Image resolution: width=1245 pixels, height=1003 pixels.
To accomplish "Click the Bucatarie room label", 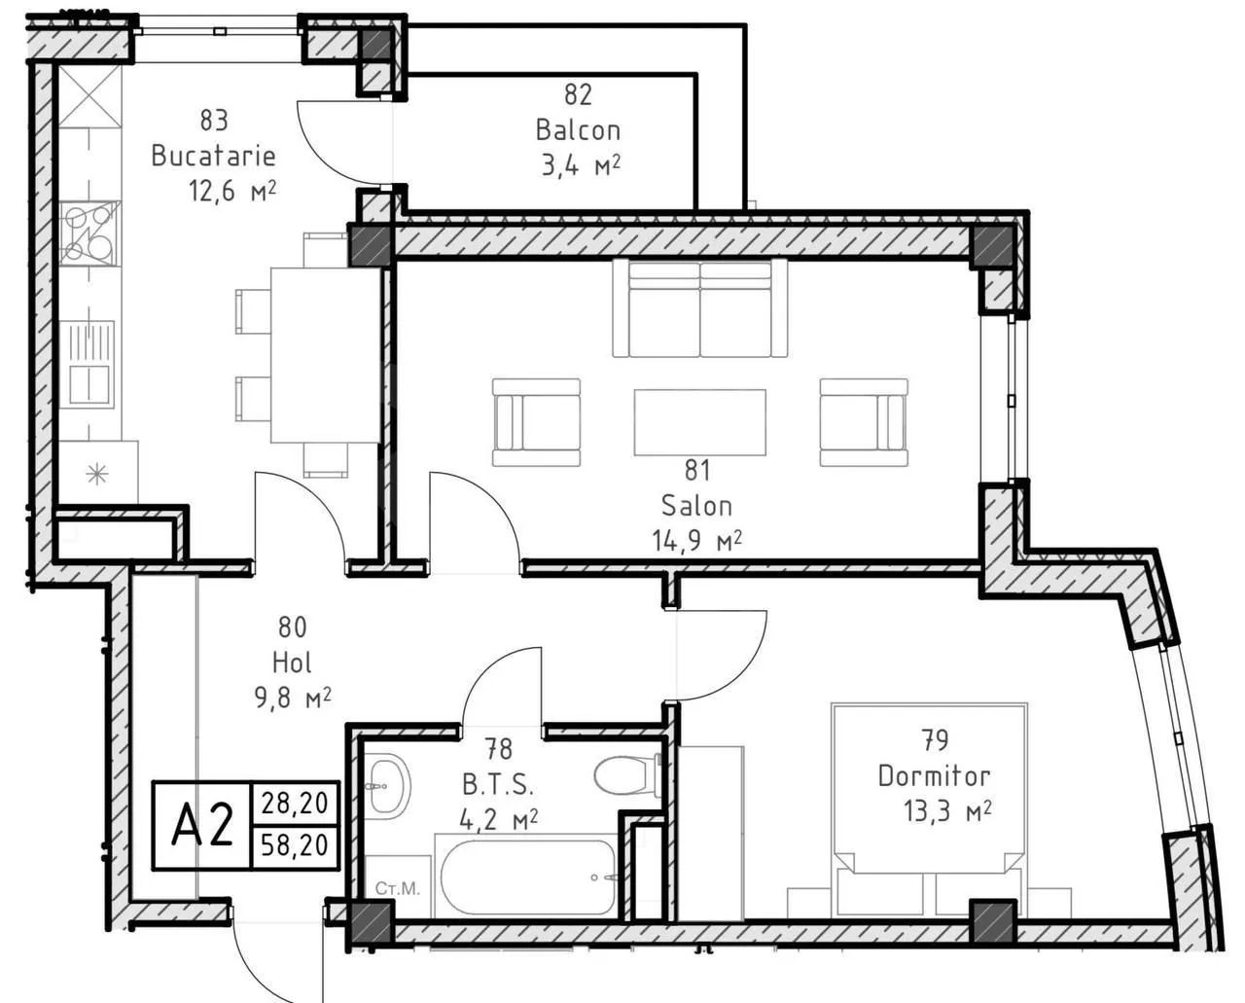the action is pos(213,156).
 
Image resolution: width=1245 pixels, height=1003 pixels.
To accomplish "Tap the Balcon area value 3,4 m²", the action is pos(581,165).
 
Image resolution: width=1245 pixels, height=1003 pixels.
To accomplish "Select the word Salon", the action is pos(696,506).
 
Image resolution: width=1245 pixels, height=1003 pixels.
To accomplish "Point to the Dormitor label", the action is pos(934,776).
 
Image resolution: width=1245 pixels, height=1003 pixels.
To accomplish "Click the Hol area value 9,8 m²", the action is pos(293,698).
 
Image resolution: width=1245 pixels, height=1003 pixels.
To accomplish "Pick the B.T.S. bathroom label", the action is pos(498,785).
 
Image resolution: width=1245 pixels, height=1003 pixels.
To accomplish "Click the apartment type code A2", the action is pos(202,825).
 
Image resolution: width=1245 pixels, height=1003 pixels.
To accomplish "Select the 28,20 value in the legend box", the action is pos(295,804).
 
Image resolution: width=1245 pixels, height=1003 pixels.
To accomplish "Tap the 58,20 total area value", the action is pos(295,845).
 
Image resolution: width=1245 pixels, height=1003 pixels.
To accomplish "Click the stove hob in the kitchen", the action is pos(89,233).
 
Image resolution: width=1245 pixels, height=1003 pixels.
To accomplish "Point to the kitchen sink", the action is pos(89,365).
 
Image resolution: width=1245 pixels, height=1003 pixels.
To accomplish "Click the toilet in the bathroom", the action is pos(627,776).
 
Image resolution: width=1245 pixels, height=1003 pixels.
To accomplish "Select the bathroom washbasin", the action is pos(388,784).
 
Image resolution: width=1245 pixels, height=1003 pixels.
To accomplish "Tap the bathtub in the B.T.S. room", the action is pos(527,878).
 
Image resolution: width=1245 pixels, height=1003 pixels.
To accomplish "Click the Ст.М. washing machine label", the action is pos(397,888).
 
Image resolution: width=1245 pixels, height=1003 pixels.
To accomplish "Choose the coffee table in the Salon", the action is pos(700,422).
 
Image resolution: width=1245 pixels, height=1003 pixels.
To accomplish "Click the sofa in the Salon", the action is pos(700,307).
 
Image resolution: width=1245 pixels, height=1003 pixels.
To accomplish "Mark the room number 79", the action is pos(935,741).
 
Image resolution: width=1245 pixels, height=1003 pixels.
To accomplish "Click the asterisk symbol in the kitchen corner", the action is pos(96,475).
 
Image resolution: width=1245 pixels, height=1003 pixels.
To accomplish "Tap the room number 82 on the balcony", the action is pos(578,95).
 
